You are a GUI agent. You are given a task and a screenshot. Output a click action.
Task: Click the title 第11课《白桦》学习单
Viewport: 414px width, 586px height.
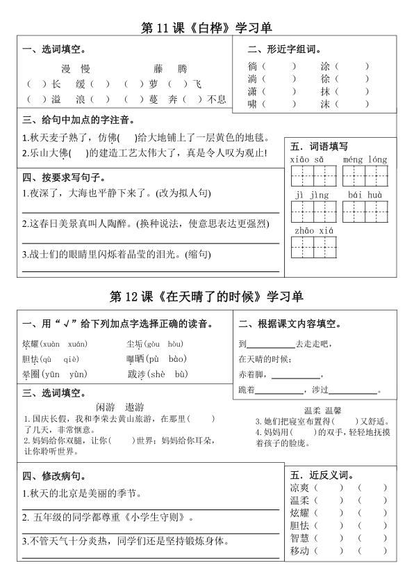(206, 29)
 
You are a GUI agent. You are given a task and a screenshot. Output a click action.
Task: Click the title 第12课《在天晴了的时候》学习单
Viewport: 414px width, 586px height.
(206, 296)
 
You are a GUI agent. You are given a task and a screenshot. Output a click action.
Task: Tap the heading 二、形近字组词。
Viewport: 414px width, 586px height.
(284, 49)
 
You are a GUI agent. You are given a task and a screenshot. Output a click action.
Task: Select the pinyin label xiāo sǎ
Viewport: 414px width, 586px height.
(309, 160)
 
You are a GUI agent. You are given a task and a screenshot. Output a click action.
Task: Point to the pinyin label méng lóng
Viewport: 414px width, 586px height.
(365, 160)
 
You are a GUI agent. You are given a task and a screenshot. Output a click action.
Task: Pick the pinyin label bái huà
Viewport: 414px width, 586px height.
(365, 196)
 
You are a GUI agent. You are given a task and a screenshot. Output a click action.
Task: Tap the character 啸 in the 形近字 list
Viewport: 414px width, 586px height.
(252, 104)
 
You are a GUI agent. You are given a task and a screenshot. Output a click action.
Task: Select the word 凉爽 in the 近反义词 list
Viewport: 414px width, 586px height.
(299, 487)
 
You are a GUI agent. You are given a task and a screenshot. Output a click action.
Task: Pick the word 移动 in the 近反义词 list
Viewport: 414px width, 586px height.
(299, 551)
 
